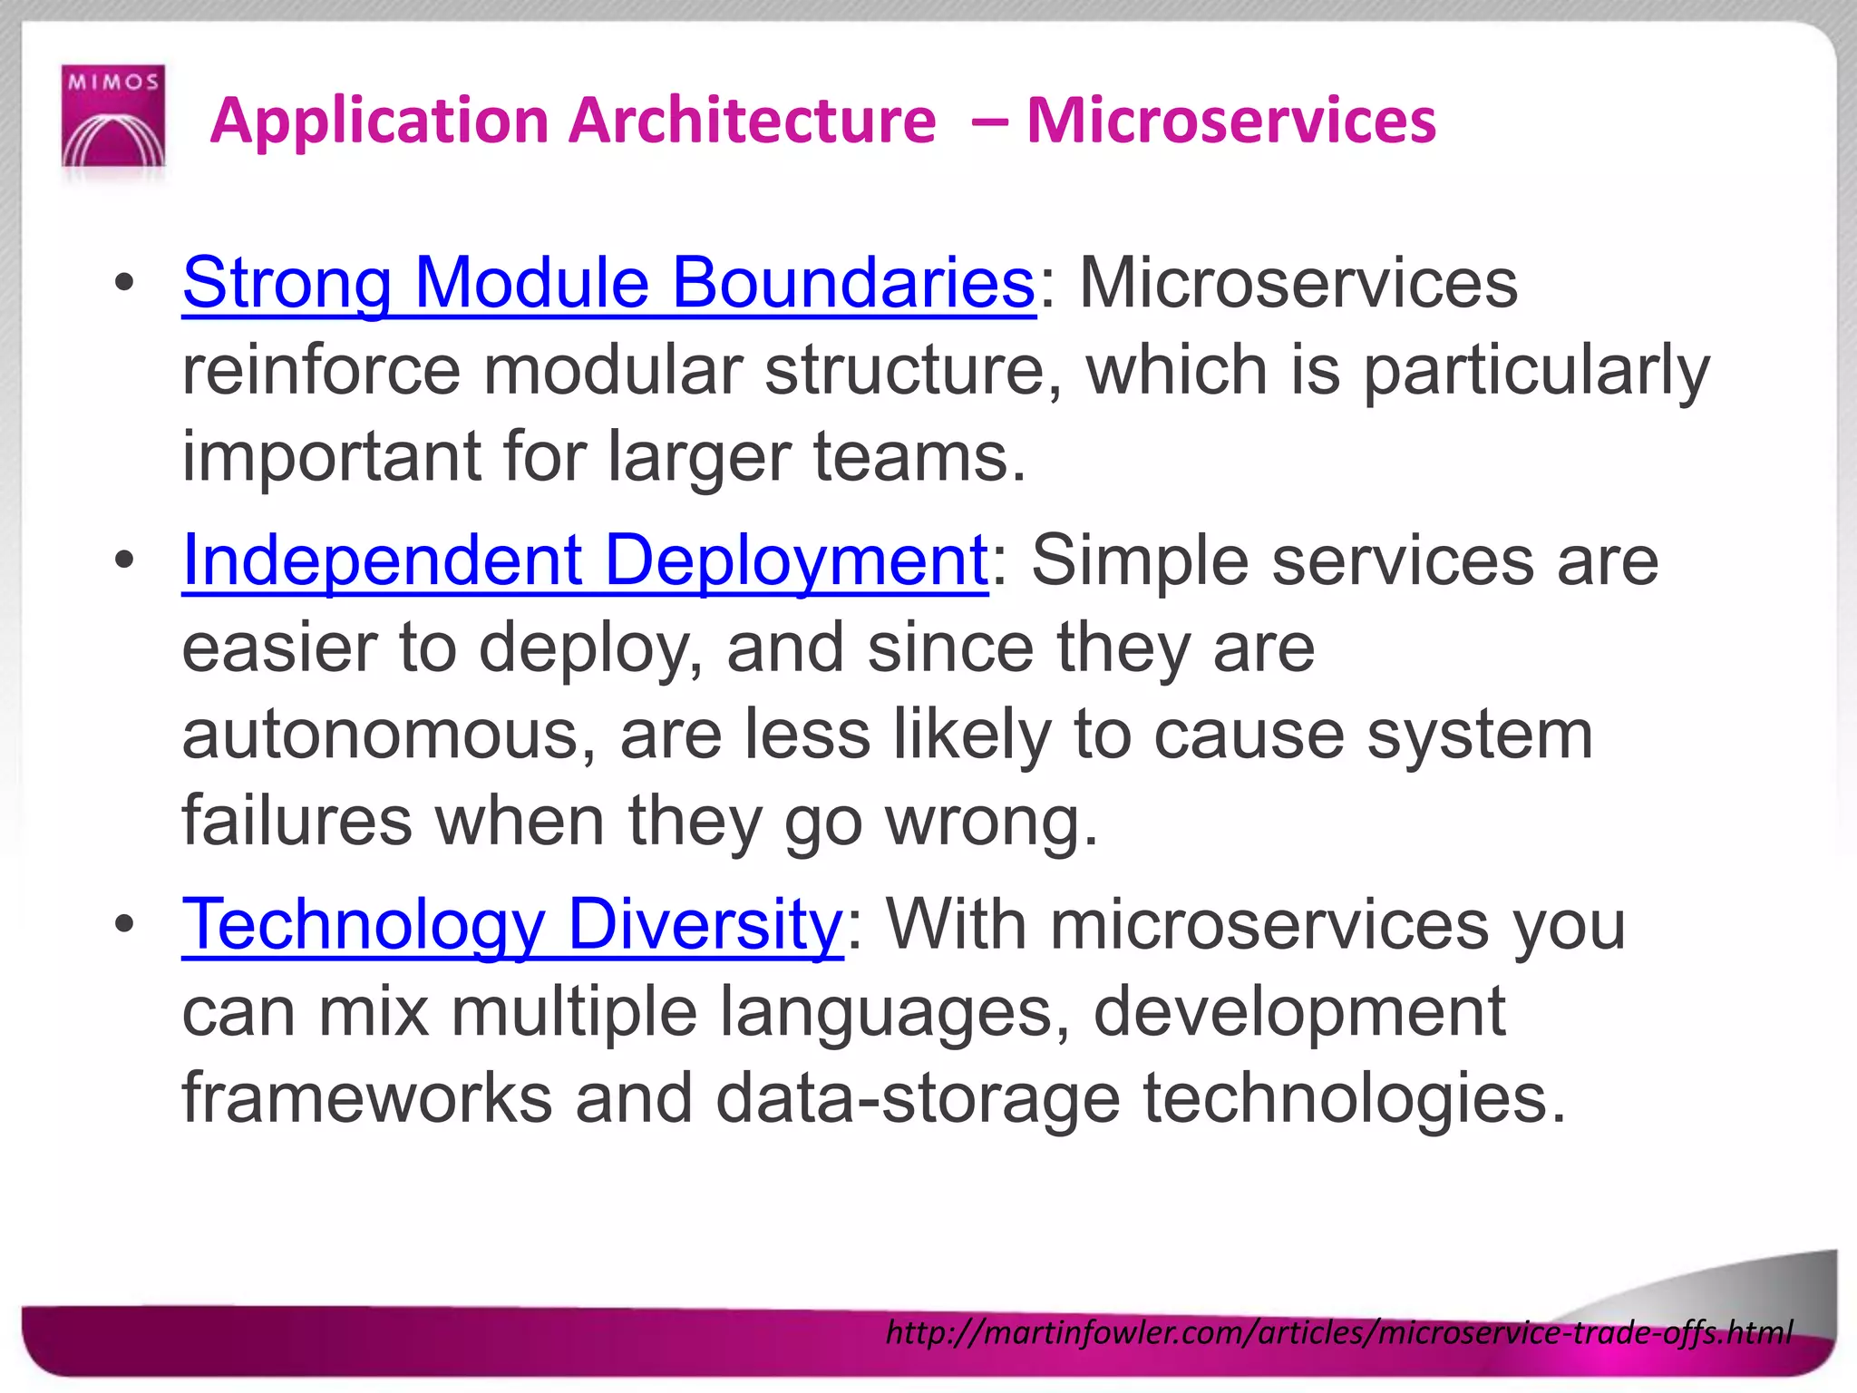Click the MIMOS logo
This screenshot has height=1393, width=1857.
tap(113, 115)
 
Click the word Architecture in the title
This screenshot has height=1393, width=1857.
tap(752, 120)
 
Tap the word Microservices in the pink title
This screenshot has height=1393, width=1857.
tap(1230, 120)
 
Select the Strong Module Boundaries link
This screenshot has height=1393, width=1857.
tap(608, 283)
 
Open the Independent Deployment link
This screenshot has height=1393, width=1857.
tap(585, 560)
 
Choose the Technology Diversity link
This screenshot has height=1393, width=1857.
tap(512, 925)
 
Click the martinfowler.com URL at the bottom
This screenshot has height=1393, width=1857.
tap(1338, 1331)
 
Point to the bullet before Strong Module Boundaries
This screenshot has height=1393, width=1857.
tap(125, 283)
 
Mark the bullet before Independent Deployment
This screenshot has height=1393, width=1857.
tap(125, 560)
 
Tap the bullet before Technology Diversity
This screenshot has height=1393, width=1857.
tap(125, 925)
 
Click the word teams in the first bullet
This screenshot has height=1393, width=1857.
tap(919, 457)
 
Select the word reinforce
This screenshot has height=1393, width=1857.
tap(321, 370)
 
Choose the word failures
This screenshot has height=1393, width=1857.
tap(297, 822)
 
